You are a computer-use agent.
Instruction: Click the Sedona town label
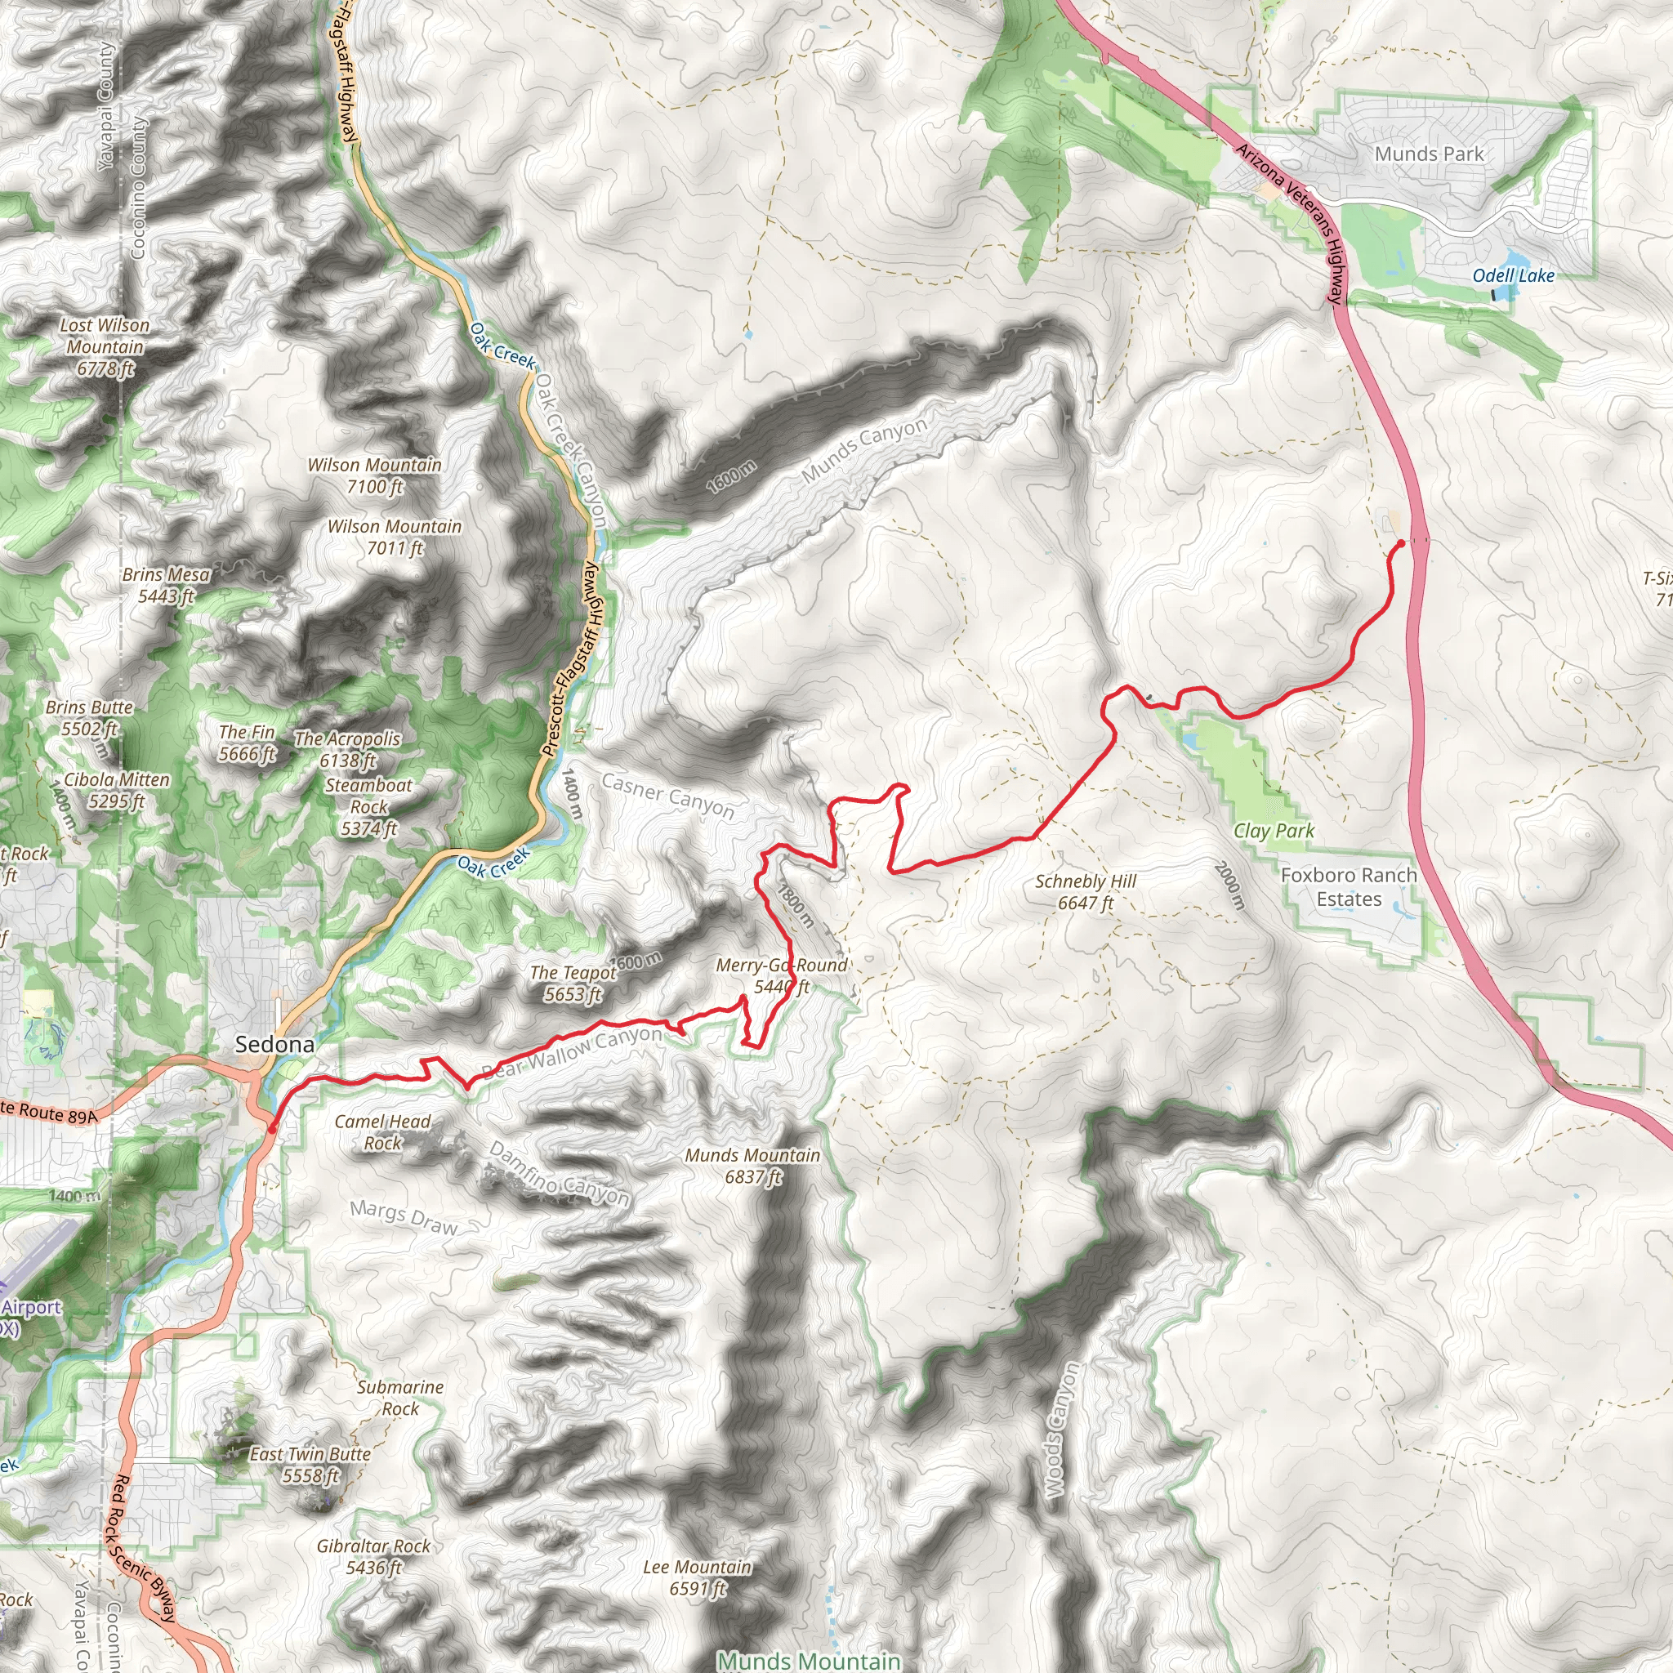pyautogui.click(x=274, y=1044)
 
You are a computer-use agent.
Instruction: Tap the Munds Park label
pyautogui.click(x=1429, y=154)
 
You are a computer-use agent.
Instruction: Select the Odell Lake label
pyautogui.click(x=1514, y=275)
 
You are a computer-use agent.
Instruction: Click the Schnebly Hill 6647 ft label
pyautogui.click(x=1085, y=892)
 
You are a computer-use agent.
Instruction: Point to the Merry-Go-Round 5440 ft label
pyautogui.click(x=781, y=975)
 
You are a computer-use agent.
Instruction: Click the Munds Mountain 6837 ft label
pyautogui.click(x=752, y=1166)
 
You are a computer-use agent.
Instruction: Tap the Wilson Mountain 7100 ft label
pyautogui.click(x=374, y=475)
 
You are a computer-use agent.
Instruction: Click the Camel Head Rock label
pyautogui.click(x=381, y=1131)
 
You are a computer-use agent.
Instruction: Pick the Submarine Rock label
pyautogui.click(x=400, y=1398)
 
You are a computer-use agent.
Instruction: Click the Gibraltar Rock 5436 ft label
pyautogui.click(x=373, y=1556)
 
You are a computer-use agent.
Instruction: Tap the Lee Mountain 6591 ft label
pyautogui.click(x=697, y=1577)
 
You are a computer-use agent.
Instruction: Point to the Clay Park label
pyautogui.click(x=1274, y=832)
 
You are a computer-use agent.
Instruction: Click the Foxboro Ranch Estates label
pyautogui.click(x=1348, y=886)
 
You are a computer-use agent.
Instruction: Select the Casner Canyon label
pyautogui.click(x=667, y=795)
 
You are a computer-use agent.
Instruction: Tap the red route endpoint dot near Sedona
pyautogui.click(x=272, y=1129)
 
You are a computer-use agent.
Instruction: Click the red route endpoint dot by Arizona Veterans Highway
pyautogui.click(x=1400, y=544)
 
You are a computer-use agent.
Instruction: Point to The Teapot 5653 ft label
pyautogui.click(x=573, y=983)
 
